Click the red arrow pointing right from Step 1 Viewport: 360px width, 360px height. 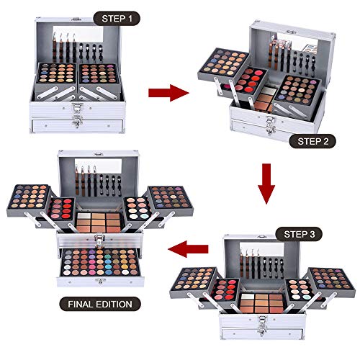click(166, 92)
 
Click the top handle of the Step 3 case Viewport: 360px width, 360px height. click(268, 235)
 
